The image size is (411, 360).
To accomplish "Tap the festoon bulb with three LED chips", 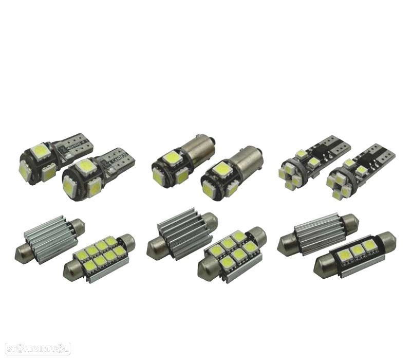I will [355, 254].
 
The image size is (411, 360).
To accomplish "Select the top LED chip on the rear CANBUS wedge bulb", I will [41, 151].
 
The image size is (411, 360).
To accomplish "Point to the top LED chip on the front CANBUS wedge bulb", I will [86, 166].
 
